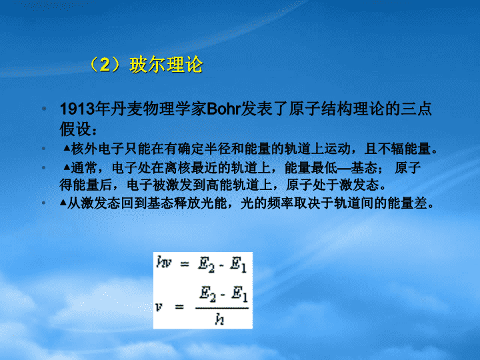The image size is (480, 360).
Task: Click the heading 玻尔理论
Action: tap(166, 65)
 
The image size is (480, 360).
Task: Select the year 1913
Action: tap(77, 109)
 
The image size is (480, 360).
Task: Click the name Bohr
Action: tap(223, 109)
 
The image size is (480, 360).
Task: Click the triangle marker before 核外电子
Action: tap(67, 148)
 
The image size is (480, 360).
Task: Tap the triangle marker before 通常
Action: tap(67, 167)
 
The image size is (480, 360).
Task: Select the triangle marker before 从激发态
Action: tap(63, 203)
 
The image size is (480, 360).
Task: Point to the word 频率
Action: tap(281, 203)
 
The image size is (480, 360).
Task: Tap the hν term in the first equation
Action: tap(164, 263)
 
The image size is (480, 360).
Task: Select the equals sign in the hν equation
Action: tap(185, 263)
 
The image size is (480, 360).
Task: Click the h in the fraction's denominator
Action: tap(219, 319)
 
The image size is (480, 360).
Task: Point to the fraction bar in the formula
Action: tap(222, 307)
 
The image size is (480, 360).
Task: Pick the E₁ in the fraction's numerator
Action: tap(239, 294)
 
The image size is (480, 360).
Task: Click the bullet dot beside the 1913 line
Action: tap(44, 109)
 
